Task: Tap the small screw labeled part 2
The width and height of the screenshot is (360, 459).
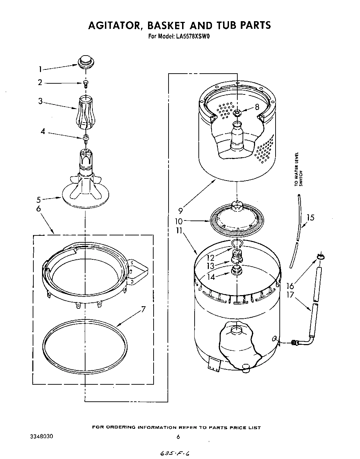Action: (x=85, y=83)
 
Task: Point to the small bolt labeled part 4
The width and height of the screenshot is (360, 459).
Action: (x=85, y=138)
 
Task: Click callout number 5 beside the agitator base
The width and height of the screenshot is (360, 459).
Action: (x=39, y=200)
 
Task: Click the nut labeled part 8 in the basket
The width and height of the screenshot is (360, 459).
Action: (x=237, y=112)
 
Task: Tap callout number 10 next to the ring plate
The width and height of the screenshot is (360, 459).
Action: (x=179, y=221)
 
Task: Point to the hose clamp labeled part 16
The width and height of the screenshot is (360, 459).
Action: (x=320, y=257)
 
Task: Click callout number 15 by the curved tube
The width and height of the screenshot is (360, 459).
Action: (x=310, y=218)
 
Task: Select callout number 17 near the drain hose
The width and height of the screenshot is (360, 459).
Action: (x=291, y=295)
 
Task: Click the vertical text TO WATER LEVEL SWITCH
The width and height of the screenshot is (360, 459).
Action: (x=298, y=169)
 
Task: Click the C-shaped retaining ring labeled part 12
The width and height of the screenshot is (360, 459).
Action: (x=236, y=244)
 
